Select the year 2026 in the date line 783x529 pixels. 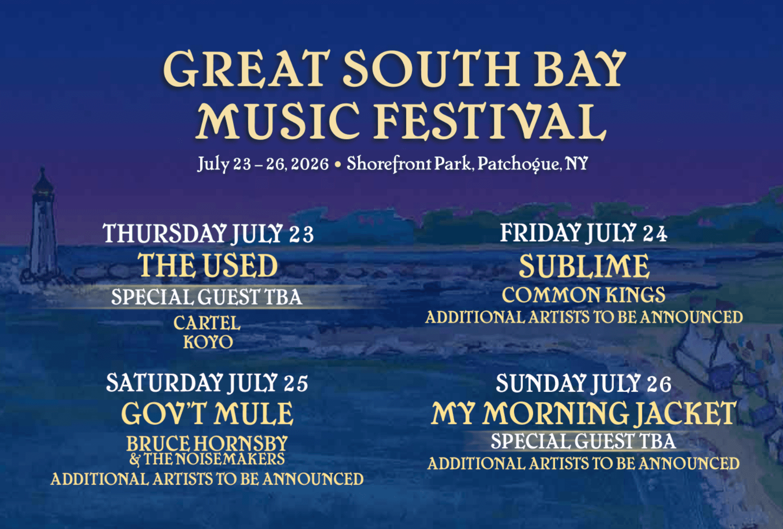[x=310, y=164]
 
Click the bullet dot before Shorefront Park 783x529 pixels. [x=338, y=164]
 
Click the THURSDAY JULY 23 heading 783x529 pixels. [x=208, y=233]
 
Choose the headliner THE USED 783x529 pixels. [x=208, y=265]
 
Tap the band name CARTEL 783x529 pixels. [x=207, y=323]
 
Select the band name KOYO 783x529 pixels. [x=208, y=342]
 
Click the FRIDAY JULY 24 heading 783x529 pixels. [x=583, y=233]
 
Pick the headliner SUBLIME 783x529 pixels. [x=584, y=266]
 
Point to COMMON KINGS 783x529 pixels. [x=583, y=295]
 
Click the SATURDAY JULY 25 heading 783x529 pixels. [x=207, y=383]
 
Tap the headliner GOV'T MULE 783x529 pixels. [x=207, y=414]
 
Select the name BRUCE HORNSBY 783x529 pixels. [x=207, y=443]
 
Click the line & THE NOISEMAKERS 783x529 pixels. [x=207, y=459]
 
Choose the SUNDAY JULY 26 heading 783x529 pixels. [x=583, y=383]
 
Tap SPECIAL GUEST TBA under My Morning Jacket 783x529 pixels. [x=583, y=441]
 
